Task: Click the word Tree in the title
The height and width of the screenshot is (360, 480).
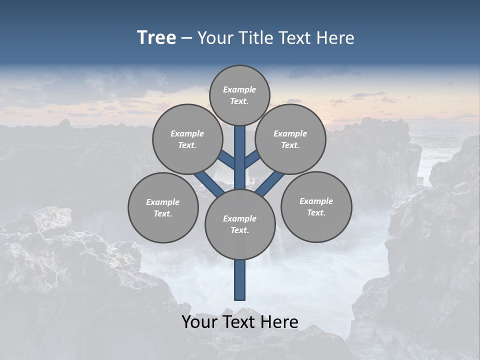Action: tap(156, 38)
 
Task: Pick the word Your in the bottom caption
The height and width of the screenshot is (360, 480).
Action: tap(199, 322)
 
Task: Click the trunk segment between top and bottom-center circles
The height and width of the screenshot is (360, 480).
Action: tap(240, 157)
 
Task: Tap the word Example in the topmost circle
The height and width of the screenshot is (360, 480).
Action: tap(239, 89)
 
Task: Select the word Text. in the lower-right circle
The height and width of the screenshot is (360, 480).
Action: tap(316, 213)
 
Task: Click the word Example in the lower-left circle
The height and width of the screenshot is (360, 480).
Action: tap(162, 202)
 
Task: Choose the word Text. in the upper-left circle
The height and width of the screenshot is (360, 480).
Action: tap(187, 145)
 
